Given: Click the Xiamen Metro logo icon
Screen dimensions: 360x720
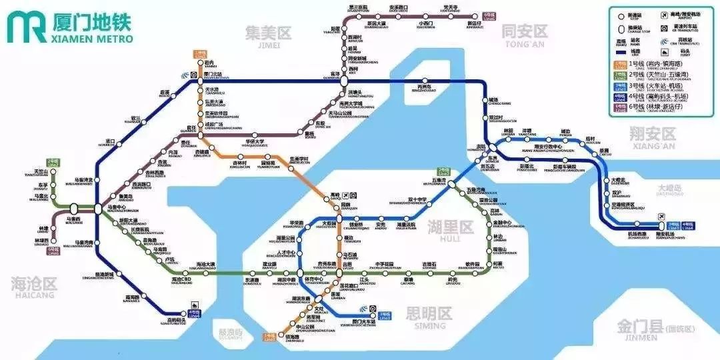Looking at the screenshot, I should tap(27, 25).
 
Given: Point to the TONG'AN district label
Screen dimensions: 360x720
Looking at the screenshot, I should tap(524, 31).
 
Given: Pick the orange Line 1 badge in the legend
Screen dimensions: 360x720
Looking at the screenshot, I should tap(618, 65).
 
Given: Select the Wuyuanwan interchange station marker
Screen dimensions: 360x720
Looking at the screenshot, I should tap(451, 183).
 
